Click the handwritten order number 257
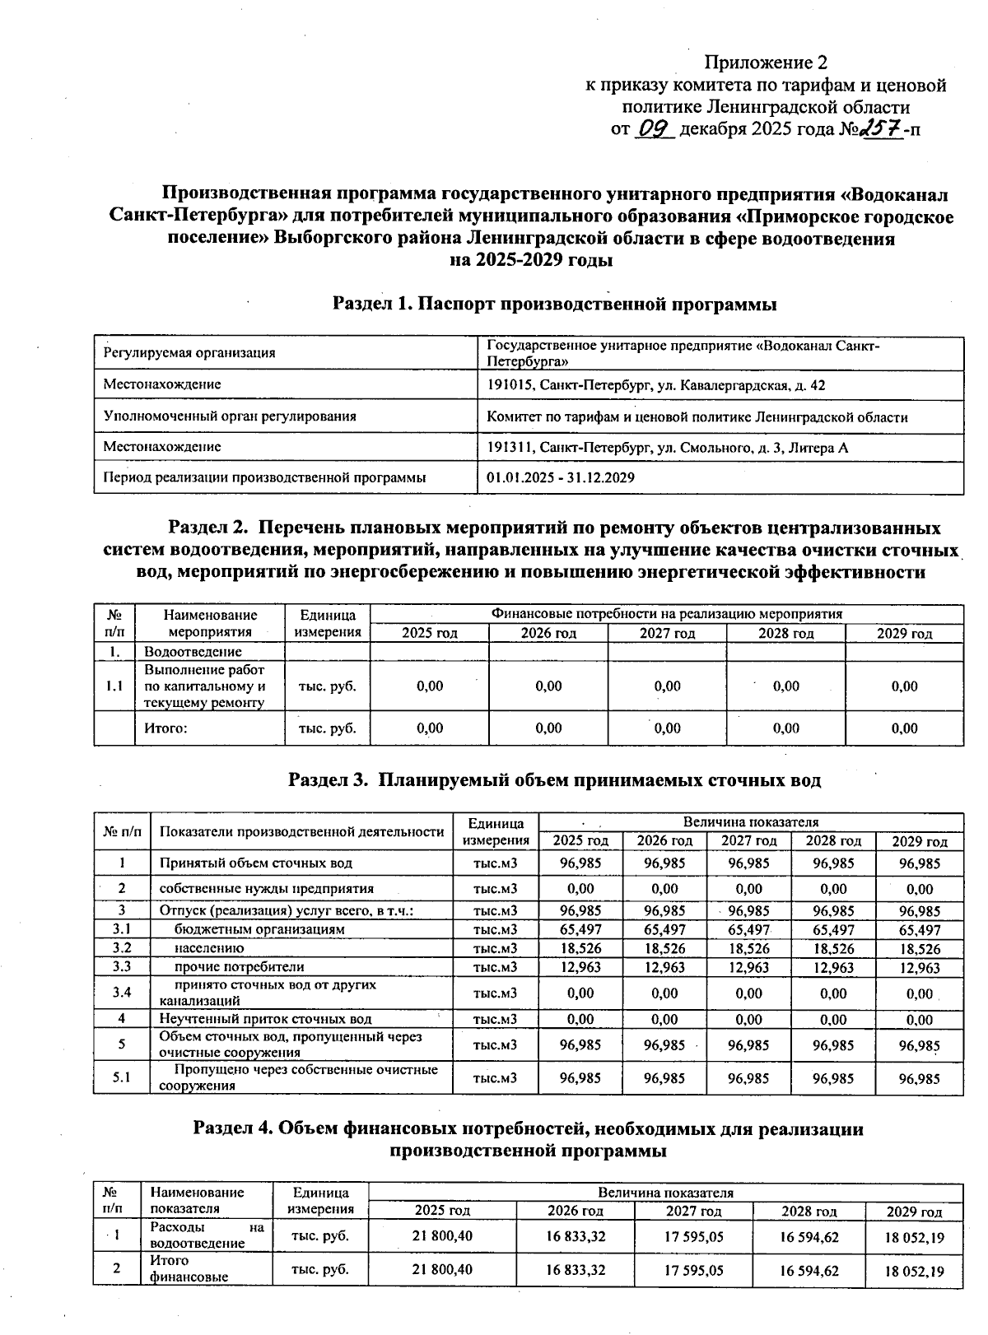(881, 129)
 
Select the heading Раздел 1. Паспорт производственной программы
(554, 304)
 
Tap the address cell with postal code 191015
(656, 385)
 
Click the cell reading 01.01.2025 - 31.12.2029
(561, 477)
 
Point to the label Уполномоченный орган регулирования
(230, 416)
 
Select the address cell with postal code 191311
(667, 448)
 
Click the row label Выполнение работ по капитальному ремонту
(205, 686)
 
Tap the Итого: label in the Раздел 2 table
(166, 728)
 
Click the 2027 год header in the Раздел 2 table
(667, 633)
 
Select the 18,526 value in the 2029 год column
(920, 949)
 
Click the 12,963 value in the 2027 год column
(748, 967)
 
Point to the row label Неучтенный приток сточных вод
(265, 1019)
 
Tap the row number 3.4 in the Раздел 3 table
(122, 993)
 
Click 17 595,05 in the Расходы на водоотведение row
(693, 1235)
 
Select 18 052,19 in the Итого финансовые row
(915, 1271)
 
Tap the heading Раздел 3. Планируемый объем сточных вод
(554, 779)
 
